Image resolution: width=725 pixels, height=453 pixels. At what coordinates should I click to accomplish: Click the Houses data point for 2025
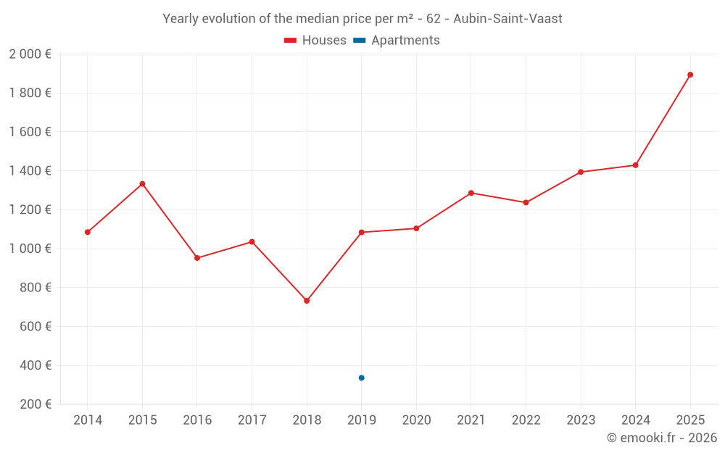690,75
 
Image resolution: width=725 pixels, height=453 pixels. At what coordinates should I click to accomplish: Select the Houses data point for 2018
307,301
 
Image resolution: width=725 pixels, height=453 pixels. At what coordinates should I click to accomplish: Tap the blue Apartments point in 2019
361,378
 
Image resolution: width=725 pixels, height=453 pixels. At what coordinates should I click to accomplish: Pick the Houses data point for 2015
142,184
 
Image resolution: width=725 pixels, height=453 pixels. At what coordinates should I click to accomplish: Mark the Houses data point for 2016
197,258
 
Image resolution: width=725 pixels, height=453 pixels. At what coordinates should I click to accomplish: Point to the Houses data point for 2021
471,193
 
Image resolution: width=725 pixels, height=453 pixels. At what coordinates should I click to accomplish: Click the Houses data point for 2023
581,172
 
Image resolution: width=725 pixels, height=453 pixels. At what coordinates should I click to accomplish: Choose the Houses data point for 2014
88,232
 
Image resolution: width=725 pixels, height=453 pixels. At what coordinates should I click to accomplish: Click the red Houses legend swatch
290,41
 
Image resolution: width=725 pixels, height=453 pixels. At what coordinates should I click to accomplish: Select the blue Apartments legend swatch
359,41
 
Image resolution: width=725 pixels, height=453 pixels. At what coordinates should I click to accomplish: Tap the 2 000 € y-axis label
30,54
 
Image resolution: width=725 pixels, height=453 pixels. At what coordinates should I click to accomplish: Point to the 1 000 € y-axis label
30,249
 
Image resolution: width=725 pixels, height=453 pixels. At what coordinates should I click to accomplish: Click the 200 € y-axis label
36,404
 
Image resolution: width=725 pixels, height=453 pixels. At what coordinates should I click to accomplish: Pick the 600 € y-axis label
36,327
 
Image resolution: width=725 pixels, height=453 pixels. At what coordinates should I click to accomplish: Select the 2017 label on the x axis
252,420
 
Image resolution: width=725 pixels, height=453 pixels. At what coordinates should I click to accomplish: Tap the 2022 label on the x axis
526,420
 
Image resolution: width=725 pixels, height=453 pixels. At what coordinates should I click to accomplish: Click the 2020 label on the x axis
416,420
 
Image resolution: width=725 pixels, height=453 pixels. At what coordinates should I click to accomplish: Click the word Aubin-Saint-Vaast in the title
507,19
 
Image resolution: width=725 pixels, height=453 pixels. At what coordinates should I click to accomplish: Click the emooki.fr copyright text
662,438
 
